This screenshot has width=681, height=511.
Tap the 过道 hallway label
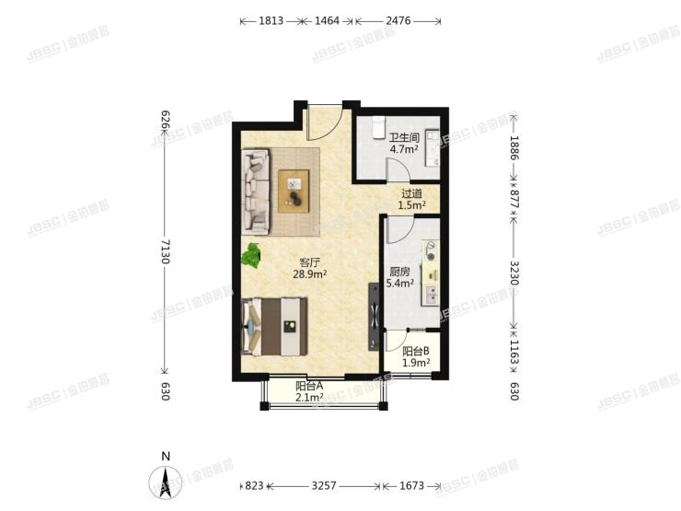(411, 194)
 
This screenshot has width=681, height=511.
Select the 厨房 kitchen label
(399, 272)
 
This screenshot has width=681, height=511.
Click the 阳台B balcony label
(416, 351)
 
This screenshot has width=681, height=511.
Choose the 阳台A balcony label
(308, 386)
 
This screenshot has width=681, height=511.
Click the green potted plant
(251, 256)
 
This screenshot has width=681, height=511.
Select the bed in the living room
(274, 325)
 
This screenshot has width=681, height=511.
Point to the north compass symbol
(165, 479)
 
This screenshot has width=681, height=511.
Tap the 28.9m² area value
(310, 274)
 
